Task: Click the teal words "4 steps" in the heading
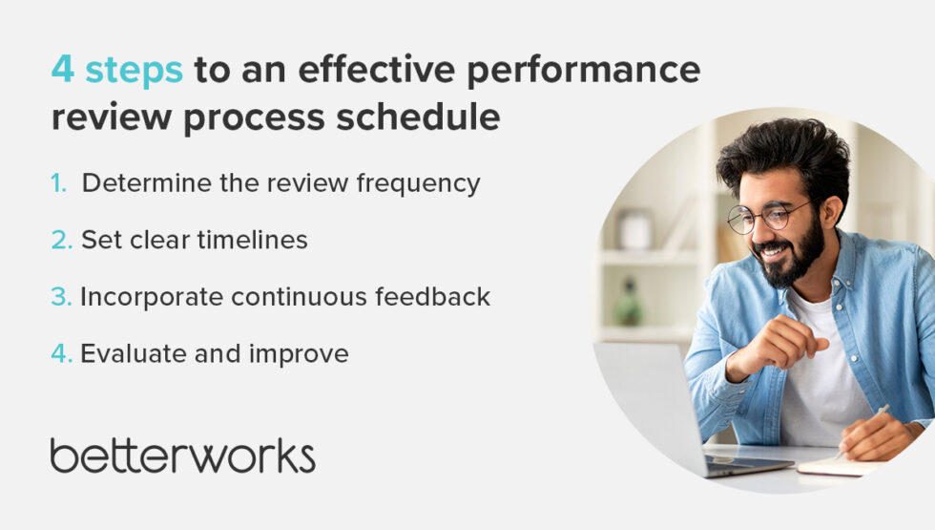[116, 71]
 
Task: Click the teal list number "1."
[59, 183]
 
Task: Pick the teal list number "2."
[62, 240]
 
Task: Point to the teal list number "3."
[61, 297]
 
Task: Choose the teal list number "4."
[62, 354]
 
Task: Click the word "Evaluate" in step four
[127, 354]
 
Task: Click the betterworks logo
[182, 456]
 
